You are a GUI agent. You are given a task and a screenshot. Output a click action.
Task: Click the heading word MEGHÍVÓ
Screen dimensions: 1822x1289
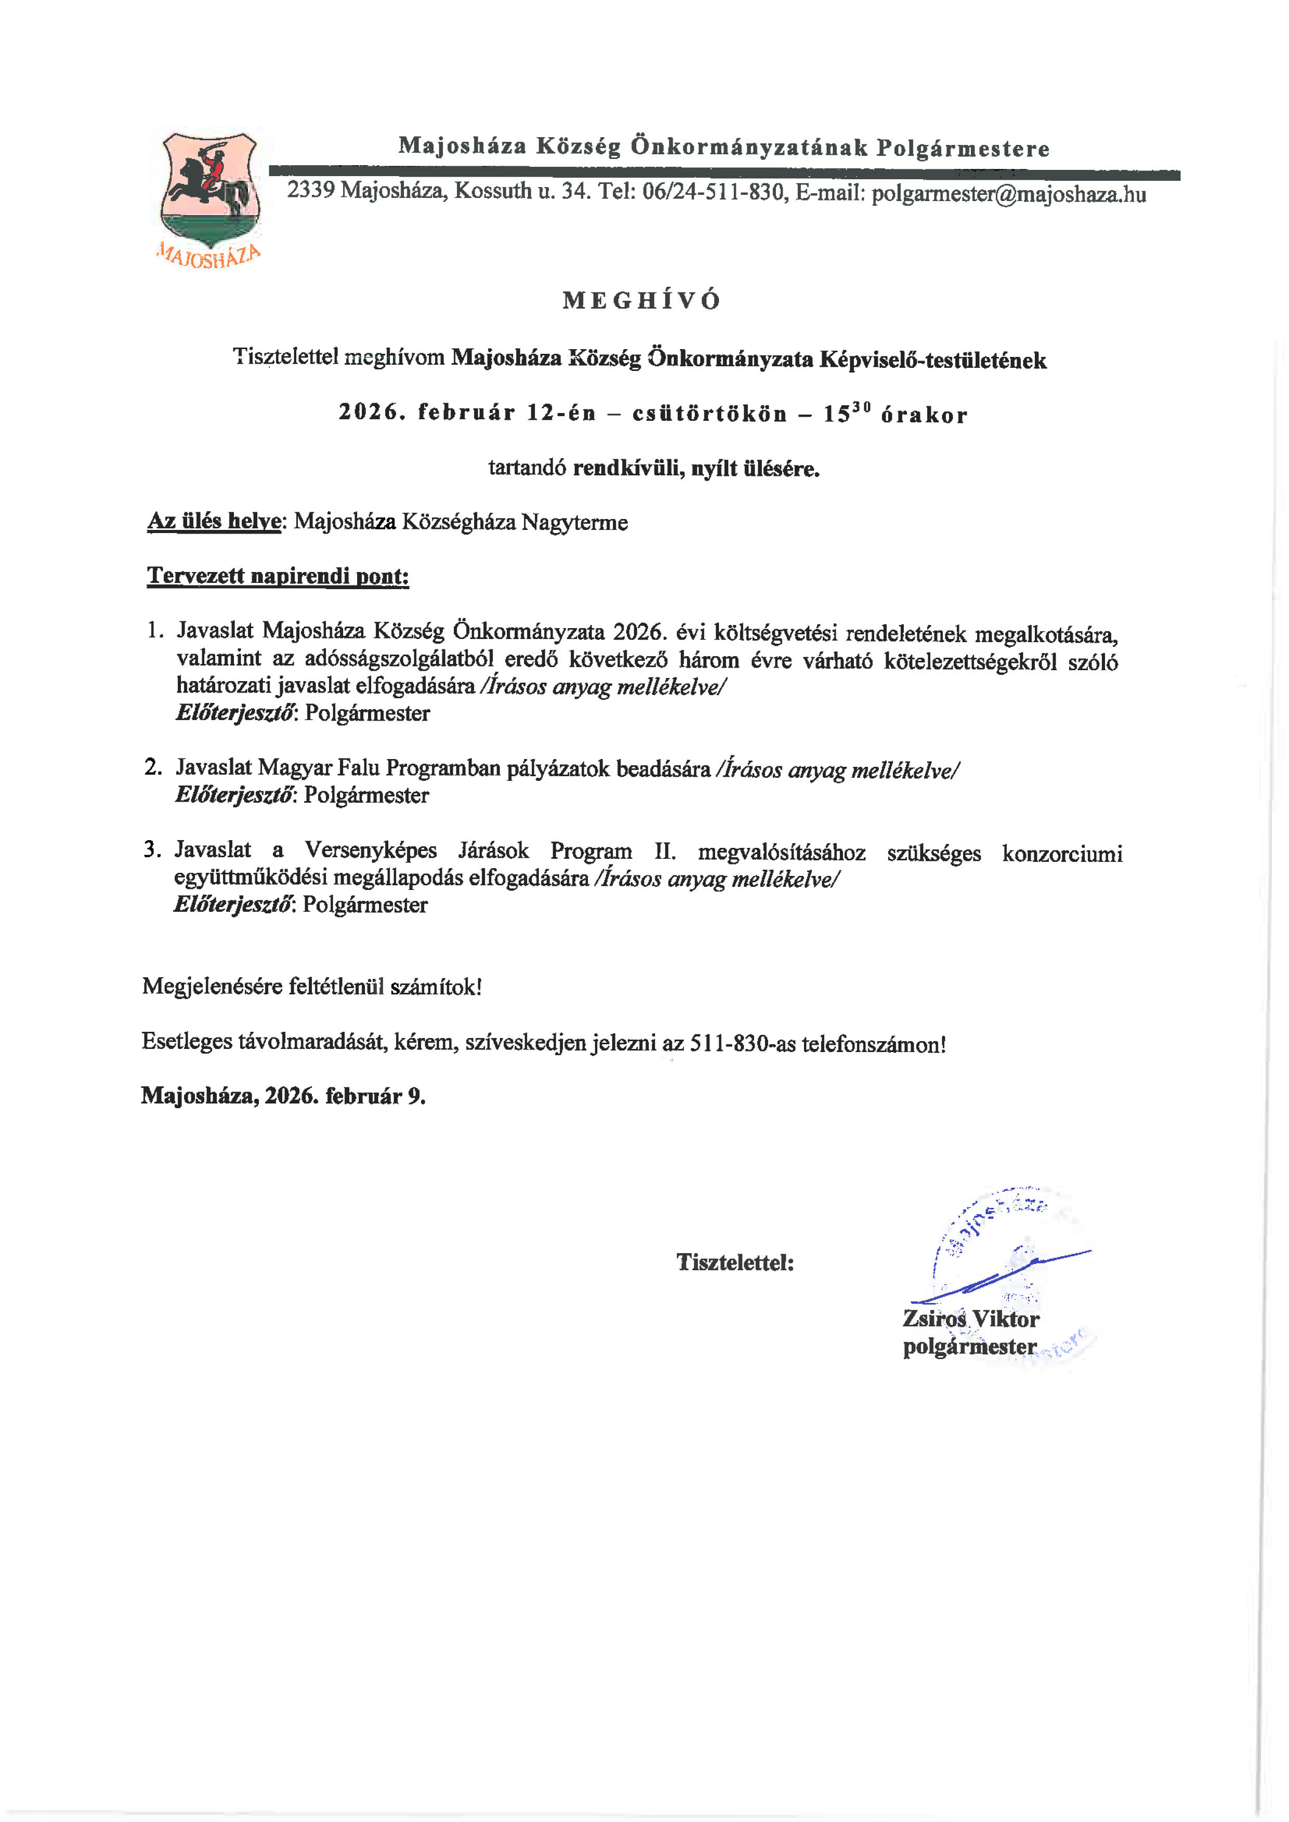click(641, 300)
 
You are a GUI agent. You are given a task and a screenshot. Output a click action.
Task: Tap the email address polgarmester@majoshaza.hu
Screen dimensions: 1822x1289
click(1008, 194)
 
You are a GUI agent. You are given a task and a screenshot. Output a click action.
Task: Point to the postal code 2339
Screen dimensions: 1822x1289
click(310, 191)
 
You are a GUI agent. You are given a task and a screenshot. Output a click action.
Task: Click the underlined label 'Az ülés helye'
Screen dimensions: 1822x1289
click(214, 522)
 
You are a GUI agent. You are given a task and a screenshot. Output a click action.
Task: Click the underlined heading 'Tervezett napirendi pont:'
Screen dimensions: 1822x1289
click(278, 576)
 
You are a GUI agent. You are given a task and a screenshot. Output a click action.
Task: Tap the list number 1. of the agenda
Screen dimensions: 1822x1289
click(155, 631)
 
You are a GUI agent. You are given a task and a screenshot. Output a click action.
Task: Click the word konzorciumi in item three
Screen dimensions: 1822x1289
click(1062, 854)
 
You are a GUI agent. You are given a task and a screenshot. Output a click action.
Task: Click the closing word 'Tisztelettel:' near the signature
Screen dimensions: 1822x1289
click(735, 1262)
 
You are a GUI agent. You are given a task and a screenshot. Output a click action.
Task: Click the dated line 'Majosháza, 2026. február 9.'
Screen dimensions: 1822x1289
click(283, 1096)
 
